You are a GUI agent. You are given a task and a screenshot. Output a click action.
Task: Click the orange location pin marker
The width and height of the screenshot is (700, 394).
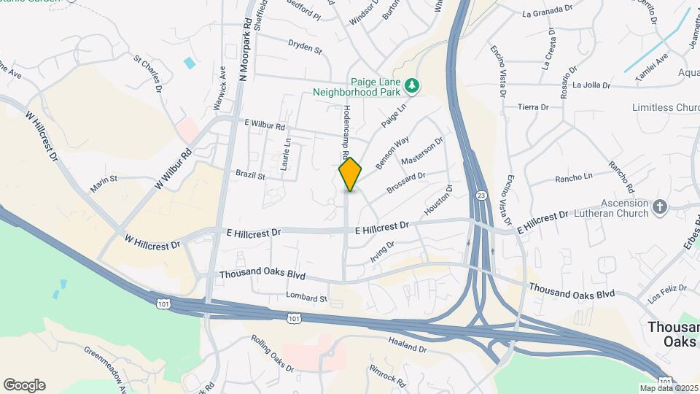click(x=351, y=174)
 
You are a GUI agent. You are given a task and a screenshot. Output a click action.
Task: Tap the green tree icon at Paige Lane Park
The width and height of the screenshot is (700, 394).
click(x=413, y=86)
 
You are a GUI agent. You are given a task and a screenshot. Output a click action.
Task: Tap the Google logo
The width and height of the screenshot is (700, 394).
click(x=24, y=385)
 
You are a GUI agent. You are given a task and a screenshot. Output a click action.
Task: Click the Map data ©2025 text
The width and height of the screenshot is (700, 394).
click(x=667, y=387)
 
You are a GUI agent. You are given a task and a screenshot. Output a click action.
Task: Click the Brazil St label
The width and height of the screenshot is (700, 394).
click(x=250, y=175)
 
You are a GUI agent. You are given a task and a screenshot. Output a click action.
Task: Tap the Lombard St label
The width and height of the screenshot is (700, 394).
click(x=307, y=298)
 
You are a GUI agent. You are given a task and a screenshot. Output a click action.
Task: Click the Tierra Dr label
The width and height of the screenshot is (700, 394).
click(x=533, y=107)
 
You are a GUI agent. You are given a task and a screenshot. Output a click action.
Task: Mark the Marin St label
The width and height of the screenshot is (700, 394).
click(x=104, y=184)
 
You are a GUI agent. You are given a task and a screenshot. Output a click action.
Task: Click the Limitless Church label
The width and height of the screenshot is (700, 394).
click(x=666, y=108)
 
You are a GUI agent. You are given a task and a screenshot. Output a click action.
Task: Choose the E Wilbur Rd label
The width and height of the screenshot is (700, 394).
click(x=265, y=125)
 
